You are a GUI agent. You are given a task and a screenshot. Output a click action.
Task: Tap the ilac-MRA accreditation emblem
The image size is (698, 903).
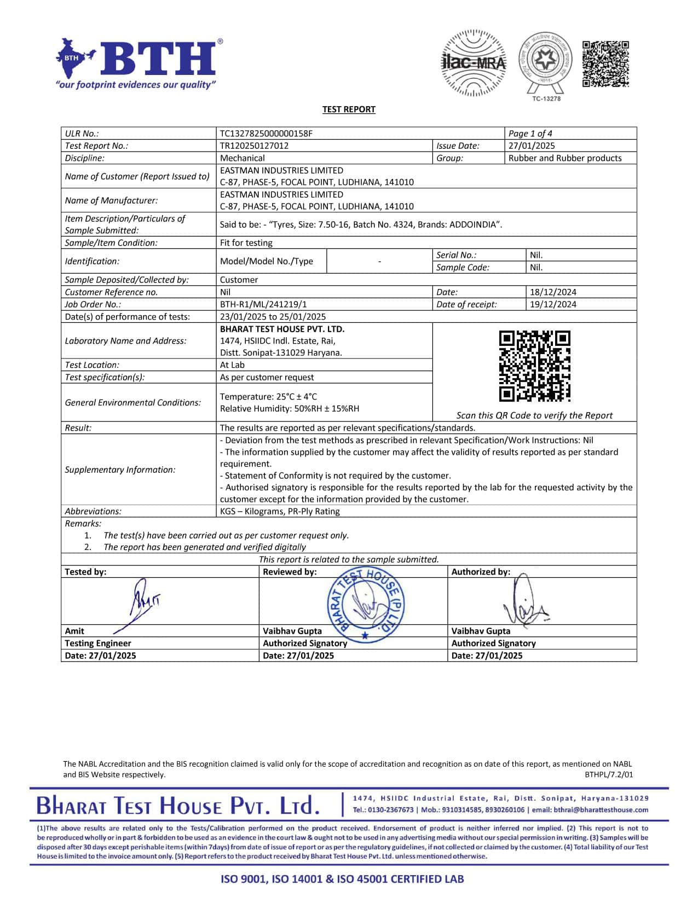point(474,63)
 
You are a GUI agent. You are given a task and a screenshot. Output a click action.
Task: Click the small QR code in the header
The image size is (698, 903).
point(605,63)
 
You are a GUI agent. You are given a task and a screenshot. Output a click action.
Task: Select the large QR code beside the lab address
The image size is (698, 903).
point(534,366)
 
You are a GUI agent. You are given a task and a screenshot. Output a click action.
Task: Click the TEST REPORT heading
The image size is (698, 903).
point(349,109)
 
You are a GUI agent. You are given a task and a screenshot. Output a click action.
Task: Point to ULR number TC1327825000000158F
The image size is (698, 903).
point(266,134)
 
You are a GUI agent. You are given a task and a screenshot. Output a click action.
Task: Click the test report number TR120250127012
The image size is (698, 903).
point(254,146)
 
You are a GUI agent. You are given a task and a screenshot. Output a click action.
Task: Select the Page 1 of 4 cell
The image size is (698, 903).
point(530,134)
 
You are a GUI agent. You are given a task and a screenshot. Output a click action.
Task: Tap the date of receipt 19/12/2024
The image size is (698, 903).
point(553,304)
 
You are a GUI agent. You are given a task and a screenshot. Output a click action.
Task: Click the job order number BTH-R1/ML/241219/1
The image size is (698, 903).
point(259,304)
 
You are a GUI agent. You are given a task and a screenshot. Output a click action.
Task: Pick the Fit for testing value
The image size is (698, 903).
point(246,242)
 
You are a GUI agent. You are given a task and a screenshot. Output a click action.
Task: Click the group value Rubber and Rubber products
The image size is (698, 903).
point(565,158)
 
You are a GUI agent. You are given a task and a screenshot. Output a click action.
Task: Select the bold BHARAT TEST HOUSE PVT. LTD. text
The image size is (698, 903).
point(282,329)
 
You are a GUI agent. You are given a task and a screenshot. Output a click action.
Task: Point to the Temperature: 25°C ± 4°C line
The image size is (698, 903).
point(268,396)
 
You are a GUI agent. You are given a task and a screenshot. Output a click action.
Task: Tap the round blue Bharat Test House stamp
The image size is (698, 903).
point(366,605)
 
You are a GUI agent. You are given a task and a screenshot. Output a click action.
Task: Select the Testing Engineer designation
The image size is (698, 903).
point(98,643)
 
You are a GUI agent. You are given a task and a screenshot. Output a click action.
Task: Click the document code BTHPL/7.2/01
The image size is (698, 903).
point(609,774)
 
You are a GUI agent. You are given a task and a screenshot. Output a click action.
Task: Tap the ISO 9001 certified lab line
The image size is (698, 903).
point(342,879)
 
